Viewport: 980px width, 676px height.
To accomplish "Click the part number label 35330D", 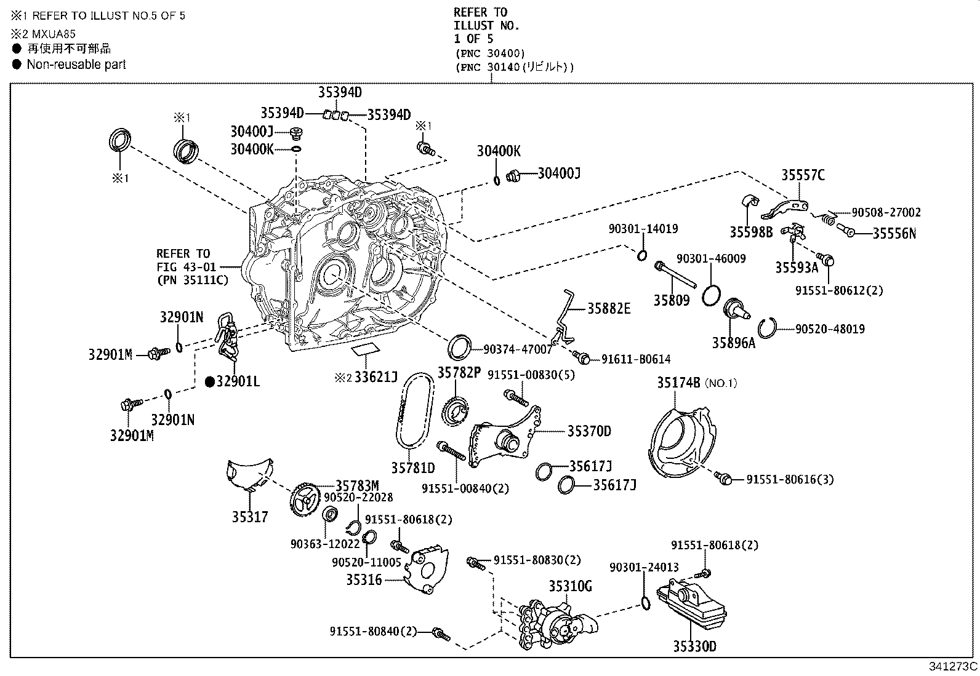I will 694,646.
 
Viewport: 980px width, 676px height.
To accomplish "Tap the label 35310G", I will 570,586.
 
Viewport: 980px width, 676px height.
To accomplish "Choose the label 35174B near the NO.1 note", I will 678,383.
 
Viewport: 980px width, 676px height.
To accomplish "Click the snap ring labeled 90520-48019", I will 767,328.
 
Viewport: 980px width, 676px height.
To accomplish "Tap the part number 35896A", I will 733,343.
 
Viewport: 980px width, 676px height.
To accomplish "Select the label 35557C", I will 803,175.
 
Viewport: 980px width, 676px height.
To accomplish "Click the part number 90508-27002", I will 886,212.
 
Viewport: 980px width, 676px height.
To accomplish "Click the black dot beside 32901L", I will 209,382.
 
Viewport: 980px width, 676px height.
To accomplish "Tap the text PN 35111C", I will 192,280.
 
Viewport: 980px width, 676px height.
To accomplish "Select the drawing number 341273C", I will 953,666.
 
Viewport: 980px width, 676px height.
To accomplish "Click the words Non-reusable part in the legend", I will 76,64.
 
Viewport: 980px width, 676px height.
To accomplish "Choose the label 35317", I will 250,517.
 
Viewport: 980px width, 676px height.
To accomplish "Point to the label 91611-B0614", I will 636,359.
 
